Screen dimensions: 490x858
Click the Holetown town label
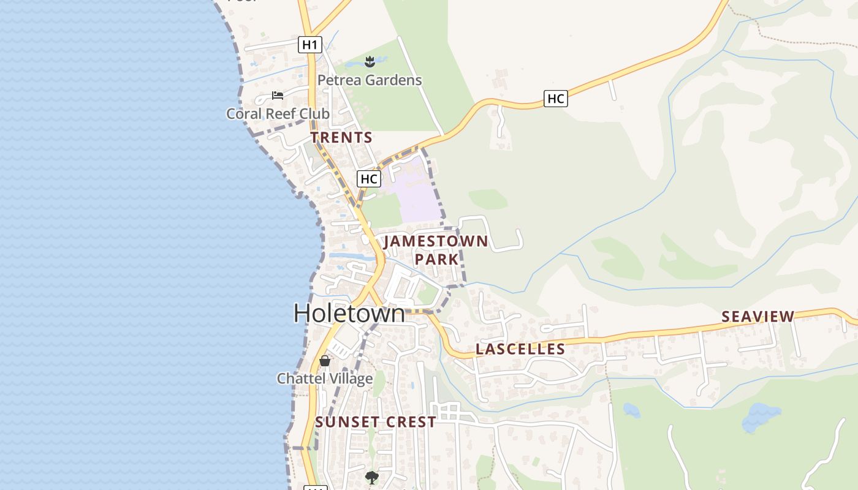tap(349, 313)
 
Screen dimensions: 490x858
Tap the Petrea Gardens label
tap(369, 80)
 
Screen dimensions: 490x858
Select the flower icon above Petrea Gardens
tap(370, 61)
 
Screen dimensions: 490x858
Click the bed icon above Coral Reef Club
tap(278, 96)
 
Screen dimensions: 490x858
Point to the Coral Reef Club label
tap(278, 114)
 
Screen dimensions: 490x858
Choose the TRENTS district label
tap(341, 138)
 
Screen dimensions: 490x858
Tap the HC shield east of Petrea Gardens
tap(555, 98)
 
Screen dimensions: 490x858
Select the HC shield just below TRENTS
tap(369, 179)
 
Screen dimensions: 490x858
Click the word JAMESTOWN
tap(436, 241)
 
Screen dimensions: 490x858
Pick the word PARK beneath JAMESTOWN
tap(436, 260)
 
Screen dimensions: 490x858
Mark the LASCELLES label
tap(520, 349)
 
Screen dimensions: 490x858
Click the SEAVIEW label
tap(757, 317)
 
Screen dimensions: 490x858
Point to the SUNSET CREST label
tap(376, 422)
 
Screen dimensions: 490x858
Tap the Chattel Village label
tap(324, 379)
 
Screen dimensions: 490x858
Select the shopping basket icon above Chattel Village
tap(325, 361)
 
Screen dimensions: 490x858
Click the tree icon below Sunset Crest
tap(371, 477)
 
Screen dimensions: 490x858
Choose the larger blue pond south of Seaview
tap(761, 418)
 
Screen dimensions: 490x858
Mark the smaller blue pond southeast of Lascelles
tap(631, 410)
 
